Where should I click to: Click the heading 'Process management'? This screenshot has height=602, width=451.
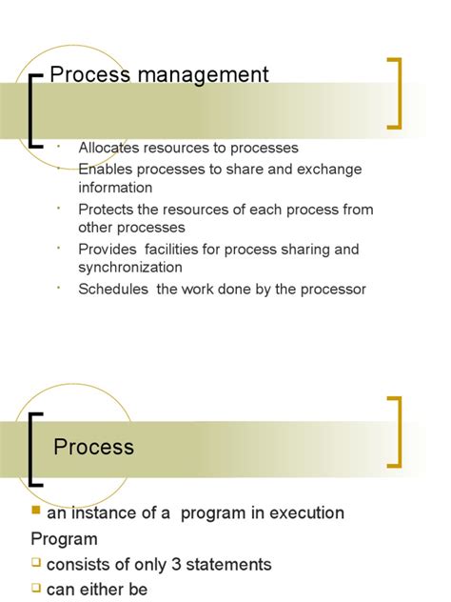tap(159, 74)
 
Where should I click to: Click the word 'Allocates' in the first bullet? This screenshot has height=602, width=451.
tap(109, 148)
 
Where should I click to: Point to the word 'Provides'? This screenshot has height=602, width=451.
tap(107, 250)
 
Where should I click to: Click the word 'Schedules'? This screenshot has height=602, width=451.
tap(113, 289)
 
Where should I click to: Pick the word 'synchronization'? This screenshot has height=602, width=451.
tap(129, 268)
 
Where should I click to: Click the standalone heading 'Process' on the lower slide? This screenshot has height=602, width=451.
tap(94, 446)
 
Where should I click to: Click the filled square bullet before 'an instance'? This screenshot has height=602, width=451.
tap(36, 512)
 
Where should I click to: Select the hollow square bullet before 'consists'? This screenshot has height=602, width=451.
tap(36, 563)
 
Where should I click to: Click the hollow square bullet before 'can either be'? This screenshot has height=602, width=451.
tap(36, 588)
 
